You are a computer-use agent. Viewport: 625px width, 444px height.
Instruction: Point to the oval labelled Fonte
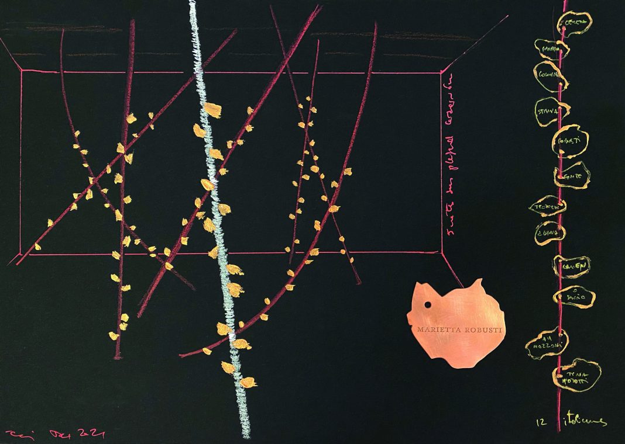tap(571, 175)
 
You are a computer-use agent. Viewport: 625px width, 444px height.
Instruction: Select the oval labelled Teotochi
tap(547, 207)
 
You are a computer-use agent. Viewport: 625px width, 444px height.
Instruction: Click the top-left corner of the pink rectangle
tap(22, 72)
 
